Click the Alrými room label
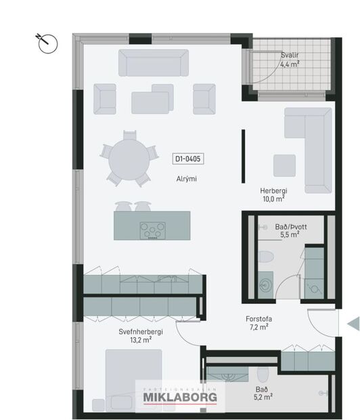click(185, 179)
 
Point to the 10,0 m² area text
click(274, 199)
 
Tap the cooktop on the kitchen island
click(152, 230)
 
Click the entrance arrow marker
click(352, 325)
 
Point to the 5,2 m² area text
click(262, 397)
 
